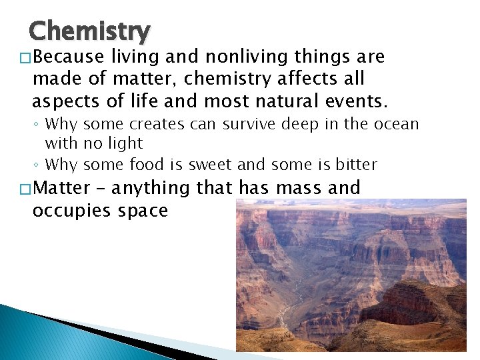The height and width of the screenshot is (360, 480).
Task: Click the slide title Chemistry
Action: click(90, 31)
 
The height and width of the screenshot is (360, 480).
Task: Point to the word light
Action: click(123, 143)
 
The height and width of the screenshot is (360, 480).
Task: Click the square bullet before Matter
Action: click(26, 189)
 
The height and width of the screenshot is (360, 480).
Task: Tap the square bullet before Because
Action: click(26, 59)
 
